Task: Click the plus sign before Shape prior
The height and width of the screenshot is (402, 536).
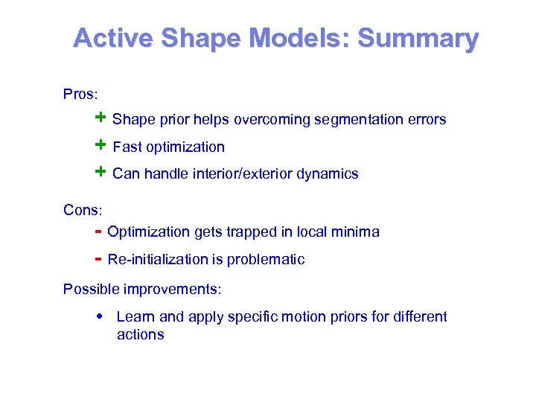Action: (x=100, y=118)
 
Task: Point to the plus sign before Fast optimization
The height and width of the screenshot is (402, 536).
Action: (x=100, y=146)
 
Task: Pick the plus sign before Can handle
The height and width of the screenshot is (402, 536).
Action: (x=100, y=173)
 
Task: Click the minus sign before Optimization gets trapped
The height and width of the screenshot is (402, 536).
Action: (x=98, y=231)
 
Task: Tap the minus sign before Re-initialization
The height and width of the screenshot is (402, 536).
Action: (x=98, y=258)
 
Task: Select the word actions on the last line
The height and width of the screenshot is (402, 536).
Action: (x=140, y=335)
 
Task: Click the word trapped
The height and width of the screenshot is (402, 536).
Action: (x=247, y=232)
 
